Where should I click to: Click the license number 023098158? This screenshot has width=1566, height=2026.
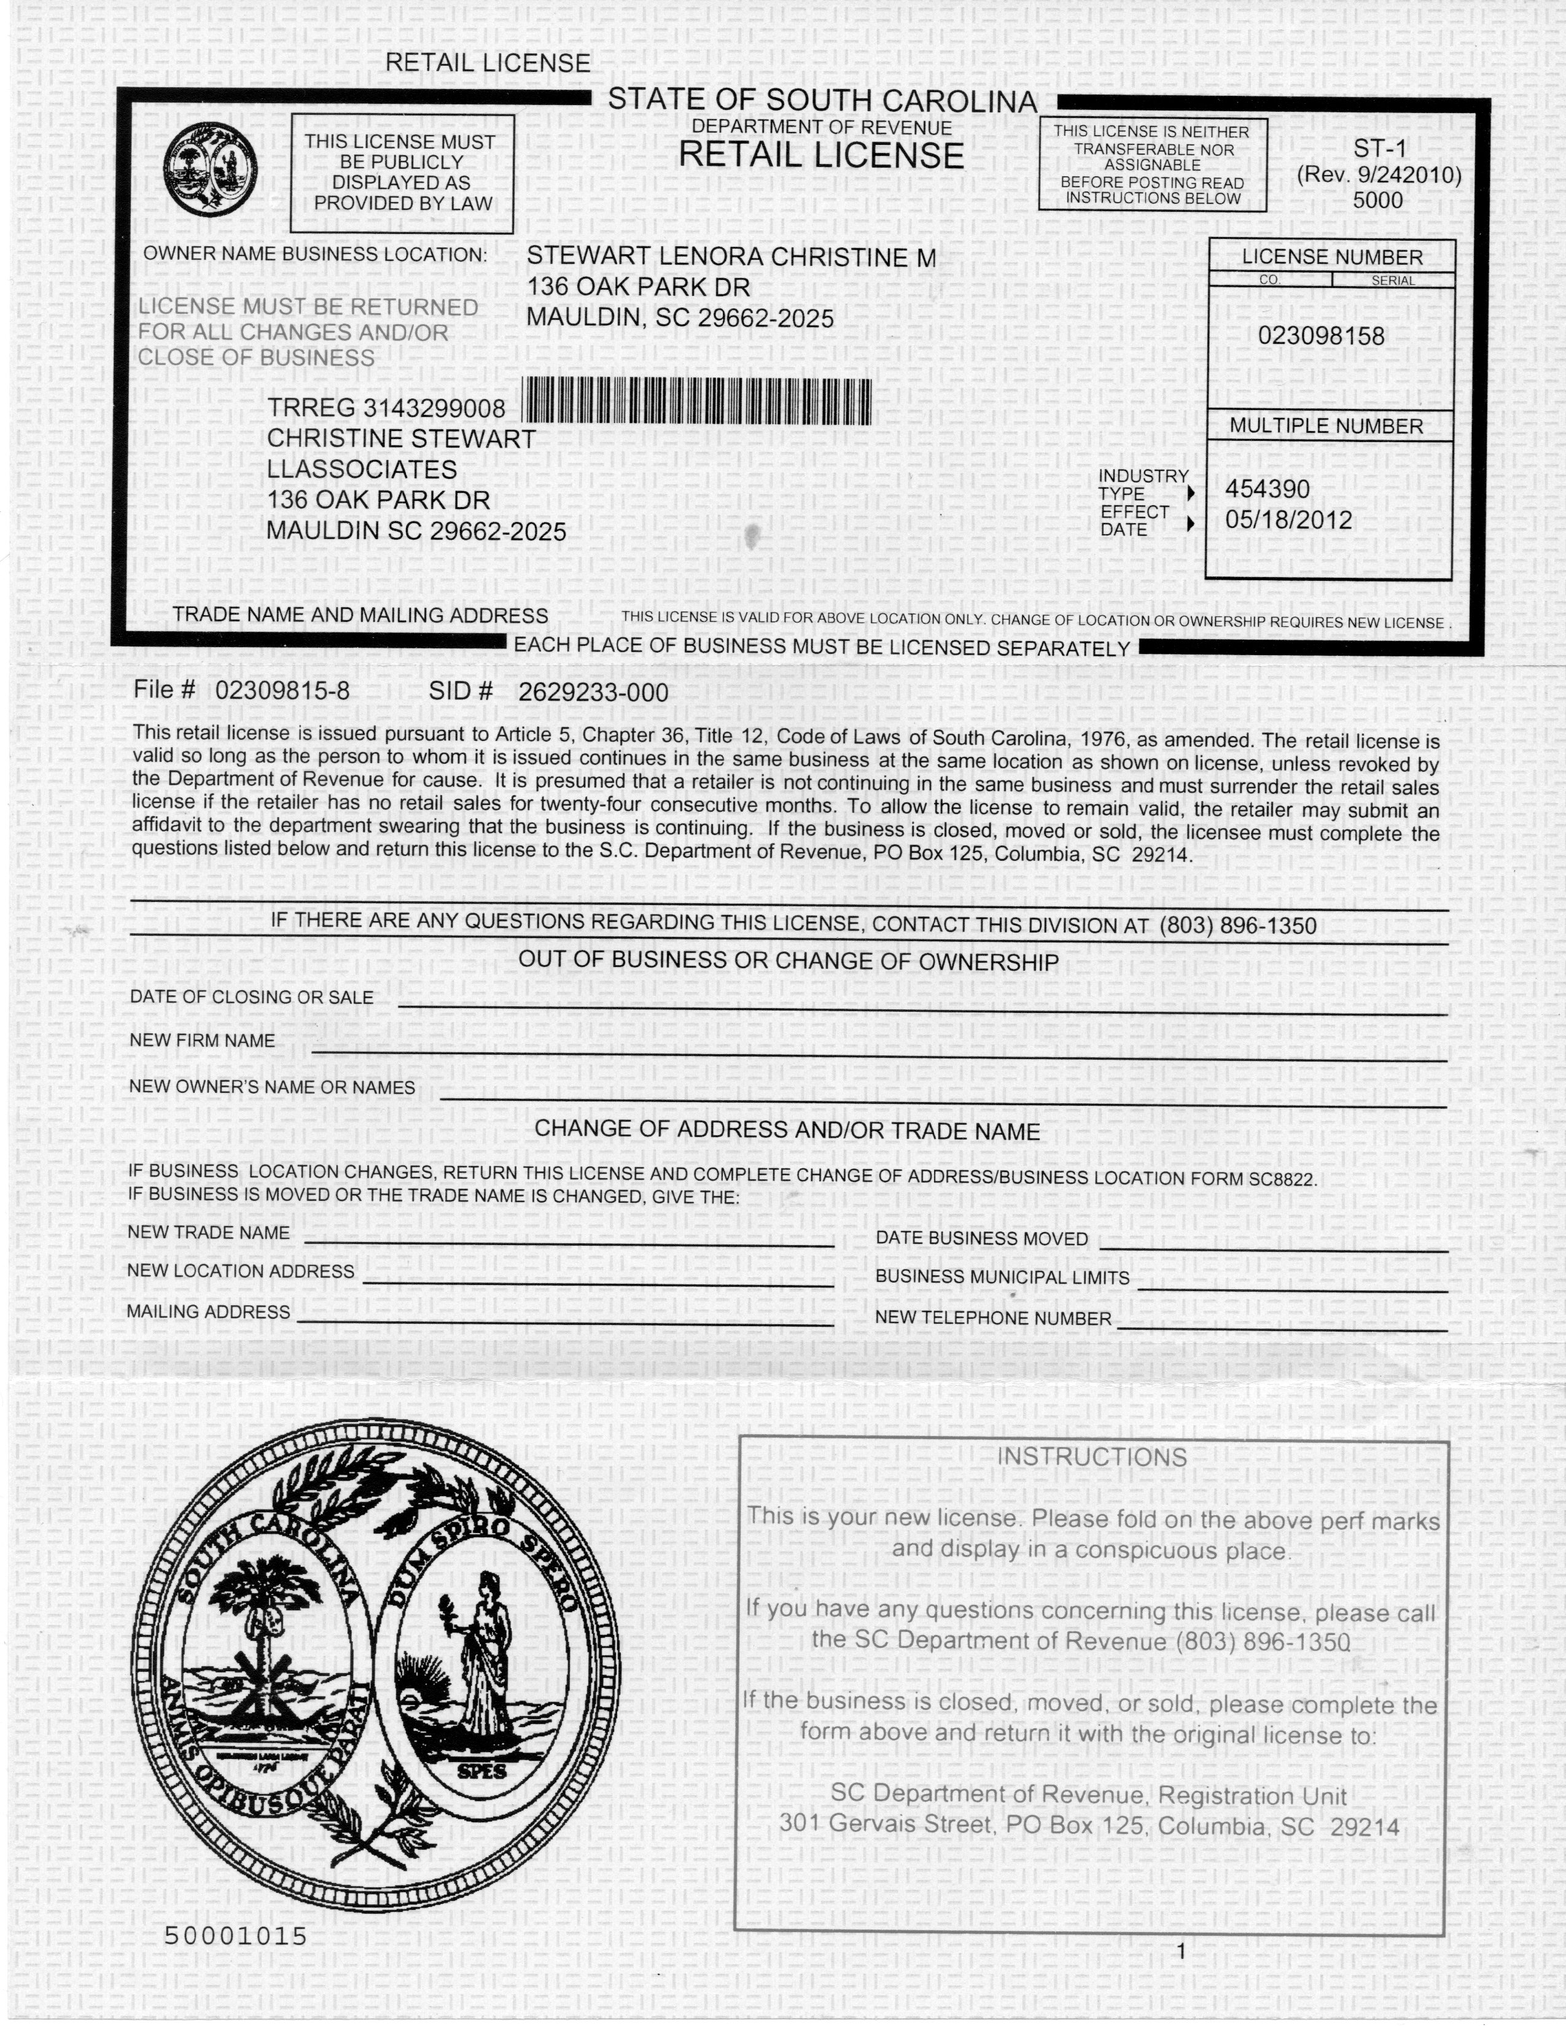pyautogui.click(x=1320, y=336)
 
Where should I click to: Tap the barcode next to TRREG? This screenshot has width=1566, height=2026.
pyautogui.click(x=697, y=402)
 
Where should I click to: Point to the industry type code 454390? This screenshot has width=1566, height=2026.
pyautogui.click(x=1268, y=489)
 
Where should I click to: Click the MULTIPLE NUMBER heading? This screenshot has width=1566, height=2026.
pyautogui.click(x=1326, y=426)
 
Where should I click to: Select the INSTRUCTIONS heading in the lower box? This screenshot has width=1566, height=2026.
pyautogui.click(x=1091, y=1456)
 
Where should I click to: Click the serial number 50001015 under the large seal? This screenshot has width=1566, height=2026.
pyautogui.click(x=236, y=1936)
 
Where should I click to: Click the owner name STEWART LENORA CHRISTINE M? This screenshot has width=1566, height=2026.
pyautogui.click(x=731, y=257)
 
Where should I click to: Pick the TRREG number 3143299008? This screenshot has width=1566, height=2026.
pyautogui.click(x=434, y=408)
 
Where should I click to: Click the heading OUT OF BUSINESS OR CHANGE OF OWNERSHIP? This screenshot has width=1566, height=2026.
pyautogui.click(x=788, y=961)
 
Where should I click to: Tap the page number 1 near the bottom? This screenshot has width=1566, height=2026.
pyautogui.click(x=1181, y=1951)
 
